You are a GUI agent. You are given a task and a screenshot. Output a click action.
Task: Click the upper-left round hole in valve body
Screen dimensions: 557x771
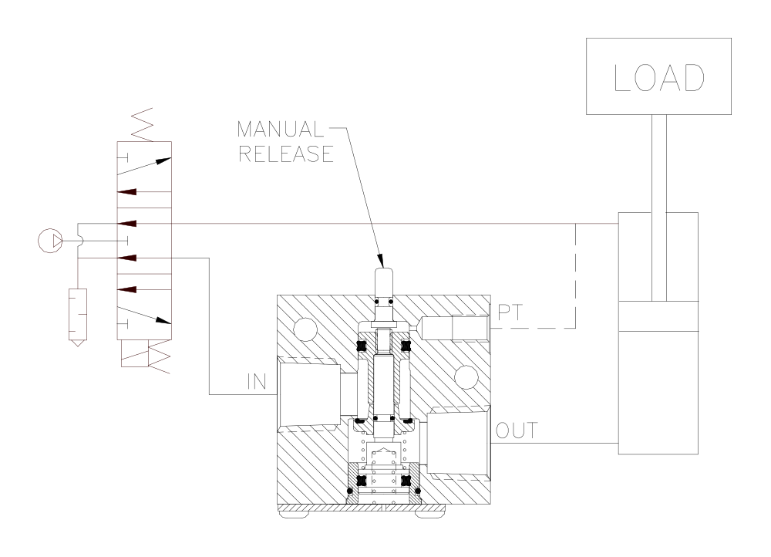[x=305, y=331]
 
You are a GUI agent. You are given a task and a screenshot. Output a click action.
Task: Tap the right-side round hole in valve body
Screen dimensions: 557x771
[x=466, y=376]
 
